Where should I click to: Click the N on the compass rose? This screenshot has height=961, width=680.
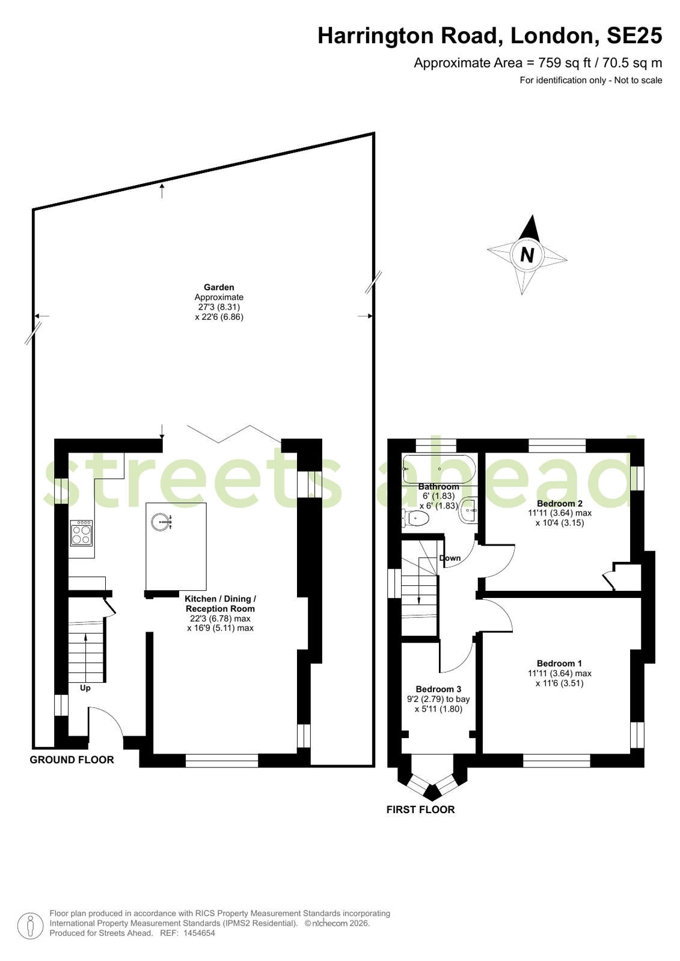(527, 255)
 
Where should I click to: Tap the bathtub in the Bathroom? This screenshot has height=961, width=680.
(439, 469)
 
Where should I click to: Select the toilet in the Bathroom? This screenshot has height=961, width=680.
(415, 519)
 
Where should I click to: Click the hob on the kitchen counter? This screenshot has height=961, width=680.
(81, 533)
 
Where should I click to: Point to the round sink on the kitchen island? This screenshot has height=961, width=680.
(161, 522)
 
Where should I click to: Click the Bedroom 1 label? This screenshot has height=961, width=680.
(559, 664)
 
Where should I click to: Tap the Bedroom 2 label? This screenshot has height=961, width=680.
(560, 503)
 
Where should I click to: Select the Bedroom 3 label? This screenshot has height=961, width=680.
(438, 689)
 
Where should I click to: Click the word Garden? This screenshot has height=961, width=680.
(219, 287)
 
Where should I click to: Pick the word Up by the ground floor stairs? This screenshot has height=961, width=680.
(85, 688)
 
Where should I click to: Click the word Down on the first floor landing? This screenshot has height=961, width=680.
(450, 558)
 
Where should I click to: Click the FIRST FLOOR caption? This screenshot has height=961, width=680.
(420, 809)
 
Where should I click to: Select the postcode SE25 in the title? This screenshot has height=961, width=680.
(634, 35)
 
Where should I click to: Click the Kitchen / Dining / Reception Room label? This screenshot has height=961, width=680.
(220, 603)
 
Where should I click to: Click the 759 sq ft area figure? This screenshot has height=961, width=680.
(565, 63)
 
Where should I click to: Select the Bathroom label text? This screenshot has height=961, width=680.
(438, 486)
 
